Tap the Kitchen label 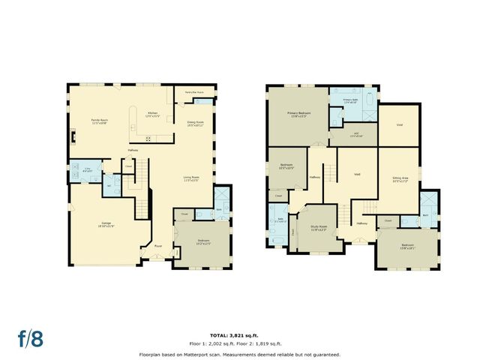point(152,112)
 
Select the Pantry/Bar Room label point(194,92)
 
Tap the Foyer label point(158,245)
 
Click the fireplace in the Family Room point(72,136)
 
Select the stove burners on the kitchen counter point(148,137)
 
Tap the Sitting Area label point(400,178)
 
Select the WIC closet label point(355,134)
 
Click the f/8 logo point(31,337)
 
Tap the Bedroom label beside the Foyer point(203,241)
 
